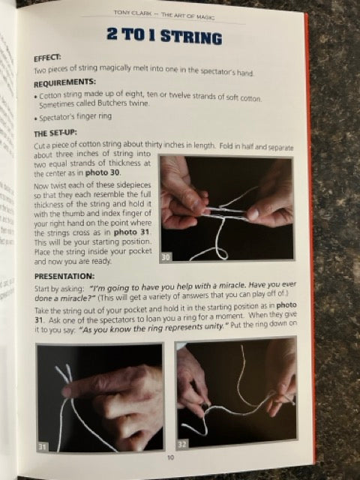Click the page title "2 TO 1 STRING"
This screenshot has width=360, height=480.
click(175, 38)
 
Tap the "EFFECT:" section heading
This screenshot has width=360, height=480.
click(51, 58)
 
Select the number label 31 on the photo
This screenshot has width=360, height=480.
click(44, 447)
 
